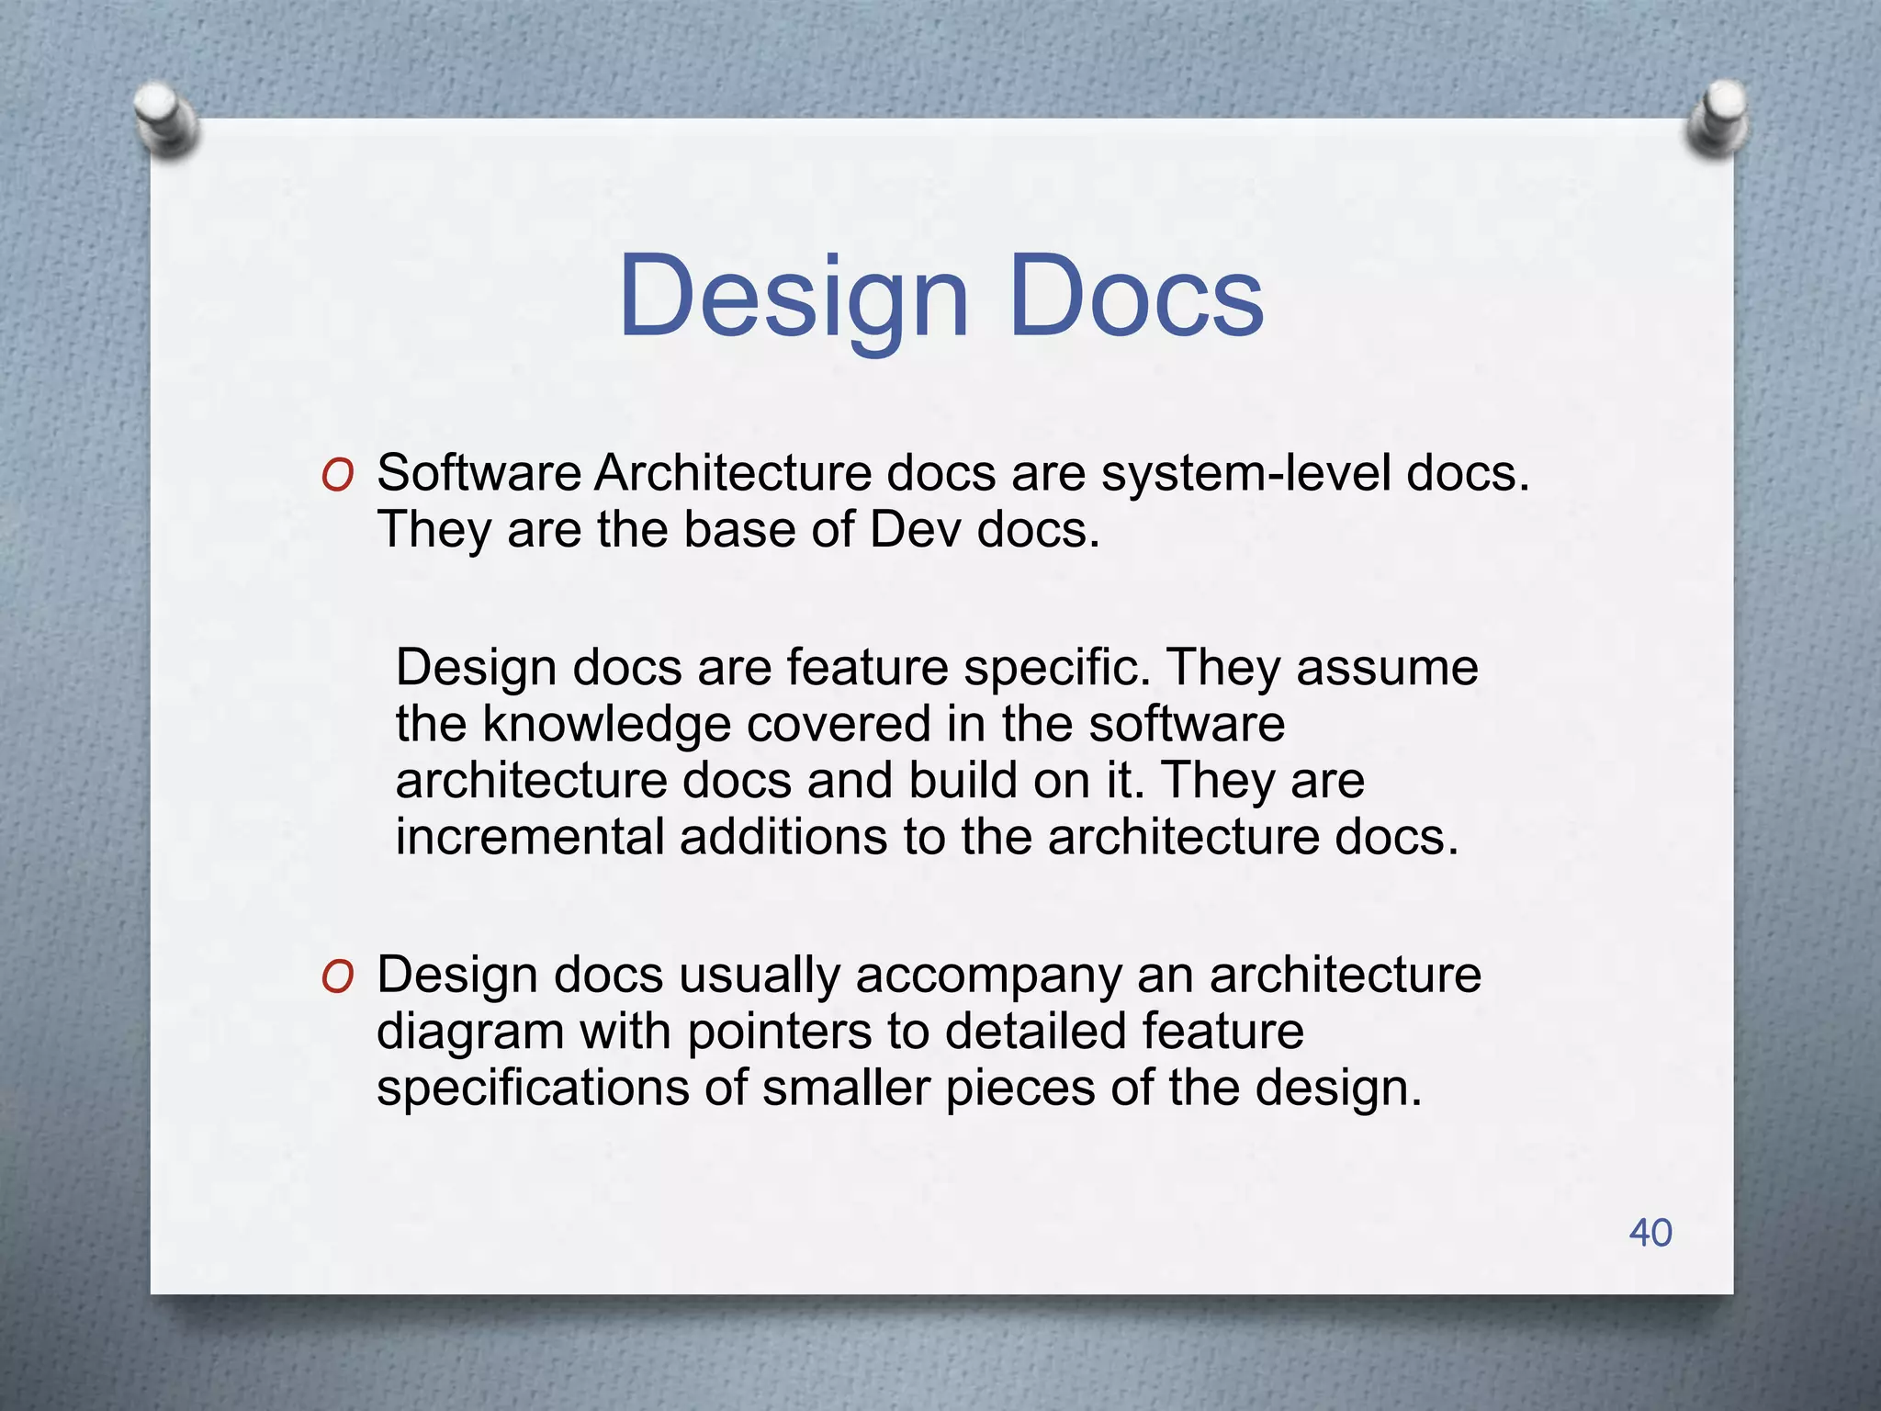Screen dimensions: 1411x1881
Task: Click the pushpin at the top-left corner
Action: pyautogui.click(x=165, y=119)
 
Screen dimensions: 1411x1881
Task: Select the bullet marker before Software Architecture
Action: pyautogui.click(x=338, y=477)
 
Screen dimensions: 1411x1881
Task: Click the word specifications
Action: pyautogui.click(x=533, y=1089)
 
